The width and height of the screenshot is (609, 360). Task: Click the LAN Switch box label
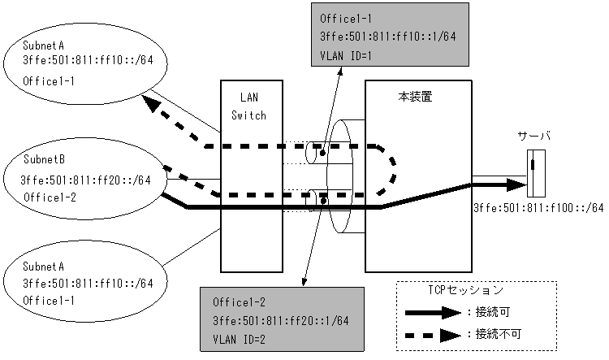[x=248, y=106]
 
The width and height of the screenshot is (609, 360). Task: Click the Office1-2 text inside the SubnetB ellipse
[x=47, y=196]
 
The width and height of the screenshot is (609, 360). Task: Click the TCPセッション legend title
[x=465, y=289]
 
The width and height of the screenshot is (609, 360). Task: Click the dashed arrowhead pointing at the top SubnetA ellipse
[x=150, y=105]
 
